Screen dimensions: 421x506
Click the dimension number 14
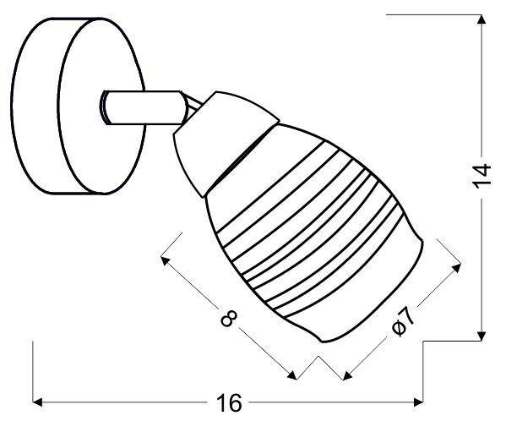point(481,176)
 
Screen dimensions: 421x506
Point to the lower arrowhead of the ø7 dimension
point(347,374)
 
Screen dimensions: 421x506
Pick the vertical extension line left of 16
point(33,372)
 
